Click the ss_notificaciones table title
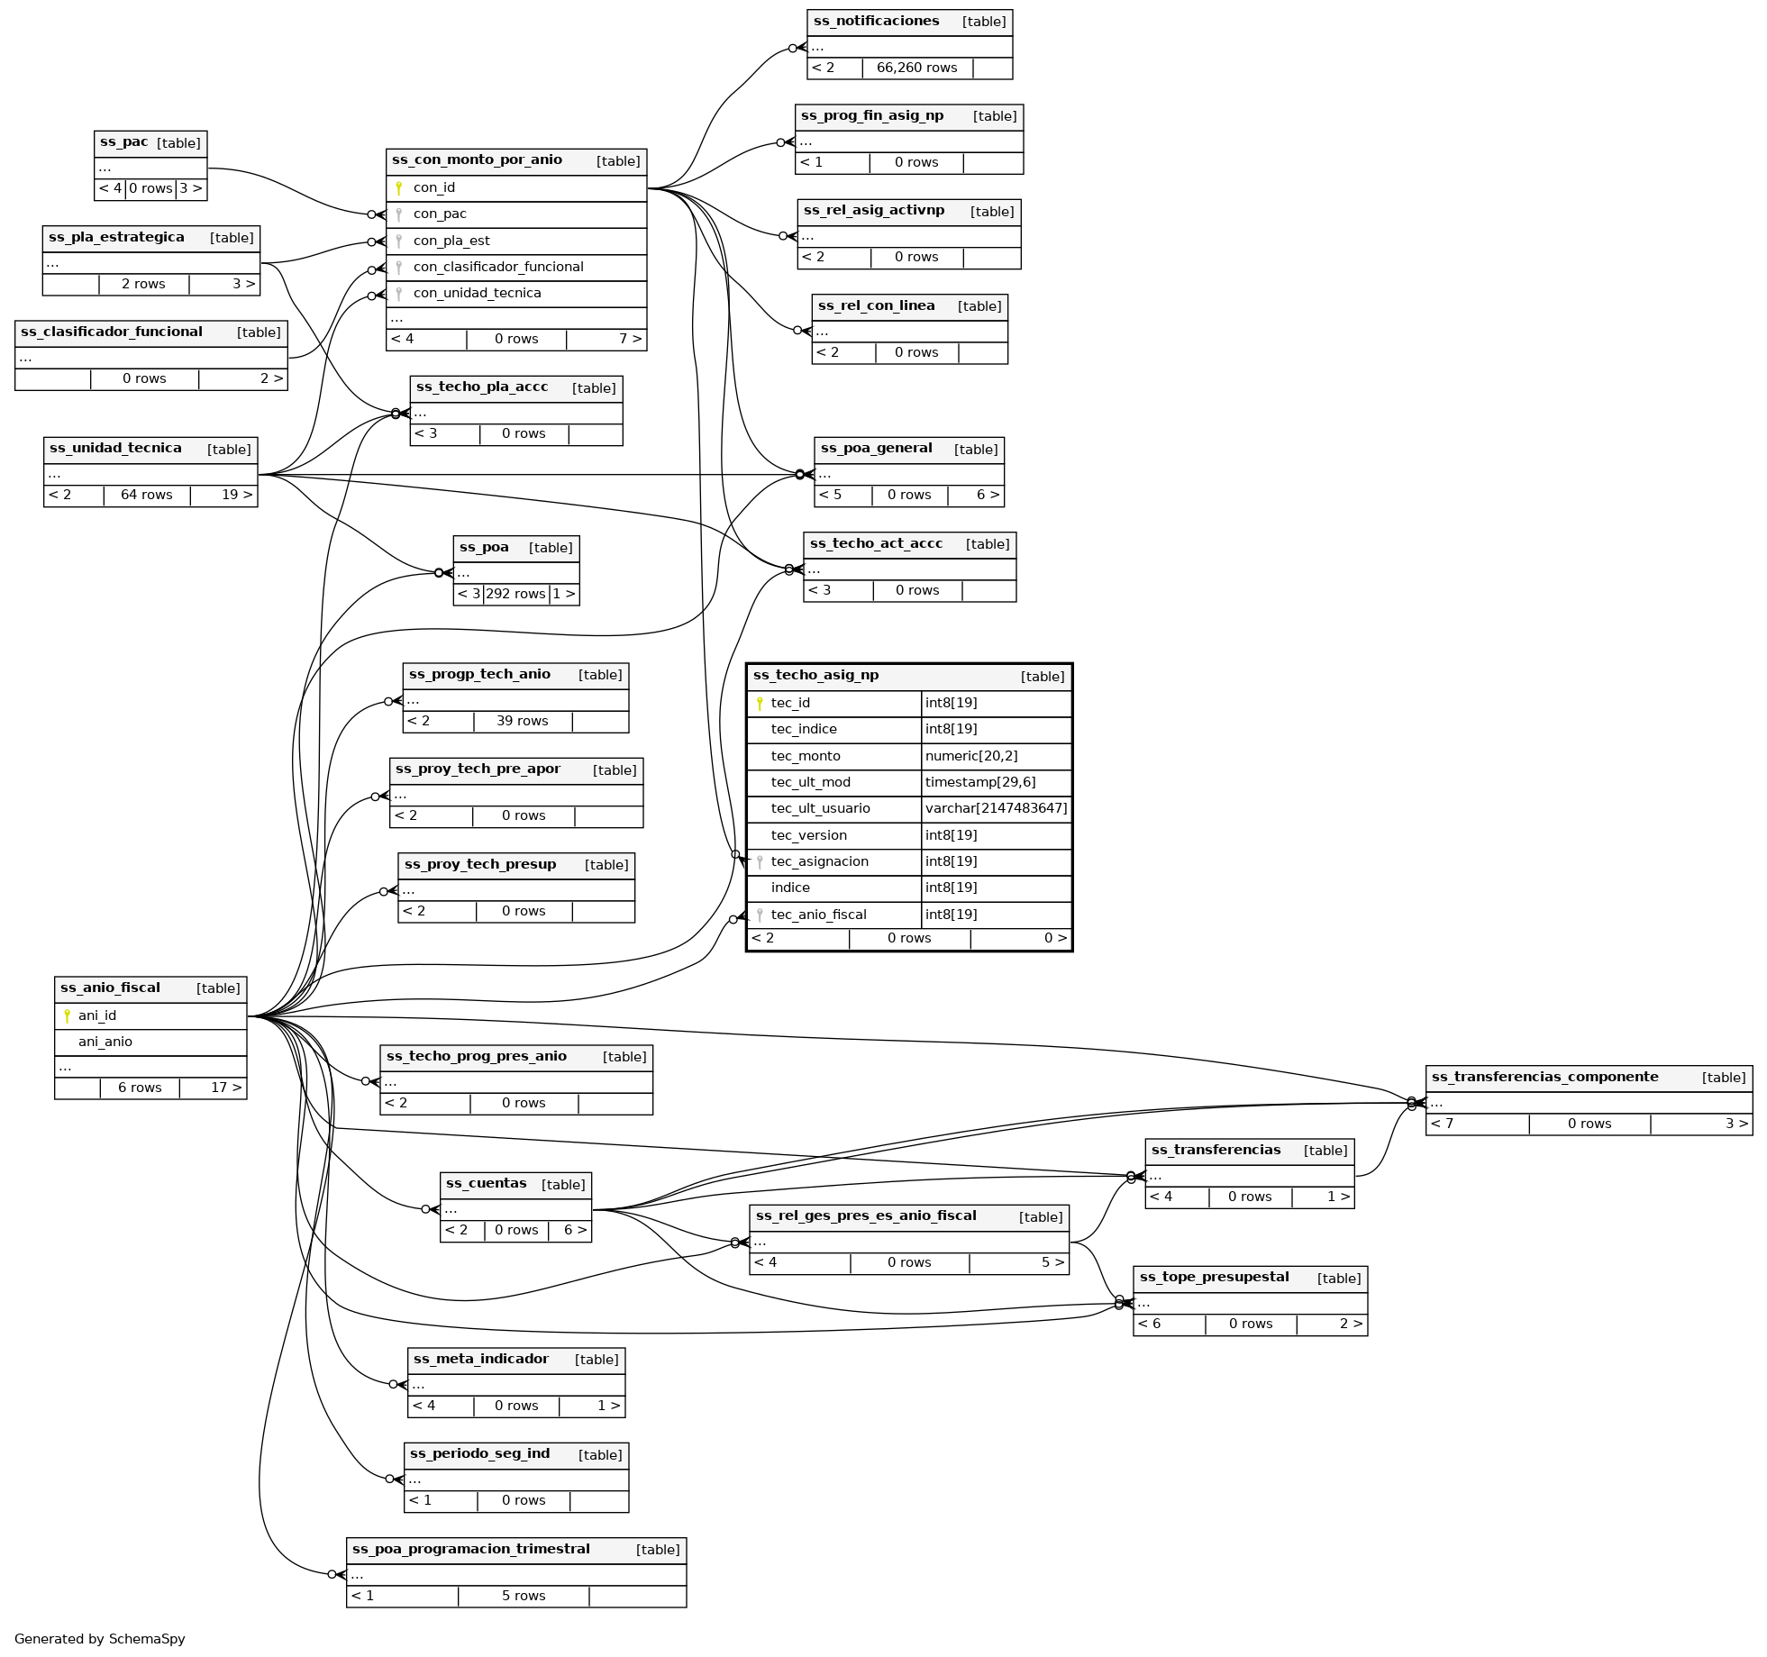tap(876, 22)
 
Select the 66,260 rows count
tap(916, 68)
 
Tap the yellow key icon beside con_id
tap(398, 188)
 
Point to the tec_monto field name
tap(806, 757)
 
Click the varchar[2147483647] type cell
tap(996, 809)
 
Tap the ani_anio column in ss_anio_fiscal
tap(105, 1042)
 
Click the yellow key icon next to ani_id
tap(67, 1016)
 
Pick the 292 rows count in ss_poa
tap(515, 595)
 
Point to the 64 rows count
tap(146, 496)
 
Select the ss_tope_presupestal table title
tap(1214, 1278)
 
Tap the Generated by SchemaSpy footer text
tap(100, 1639)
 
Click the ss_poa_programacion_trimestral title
tap(470, 1550)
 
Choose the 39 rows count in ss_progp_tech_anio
tap(522, 722)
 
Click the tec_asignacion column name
tap(819, 862)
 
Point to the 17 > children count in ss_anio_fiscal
tap(226, 1088)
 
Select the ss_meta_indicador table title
tap(480, 1360)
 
